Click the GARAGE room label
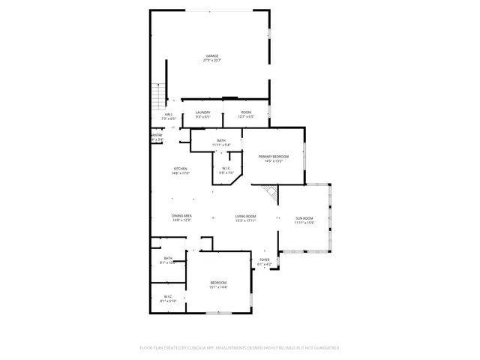coord(212,55)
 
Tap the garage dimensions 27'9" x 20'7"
coord(212,60)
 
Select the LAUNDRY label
coord(203,112)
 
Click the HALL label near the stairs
coord(168,114)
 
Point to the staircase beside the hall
coord(157,96)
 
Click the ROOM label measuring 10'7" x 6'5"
coord(246,112)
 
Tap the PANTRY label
coord(157,135)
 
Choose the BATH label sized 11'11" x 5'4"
coord(221,140)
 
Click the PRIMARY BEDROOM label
coord(270,156)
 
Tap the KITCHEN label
coord(181,169)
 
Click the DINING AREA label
coord(182,216)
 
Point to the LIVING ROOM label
coord(246,216)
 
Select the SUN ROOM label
coord(304,218)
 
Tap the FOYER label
coord(265,259)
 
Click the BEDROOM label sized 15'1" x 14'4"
coord(218,283)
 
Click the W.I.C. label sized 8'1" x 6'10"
coord(168,296)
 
